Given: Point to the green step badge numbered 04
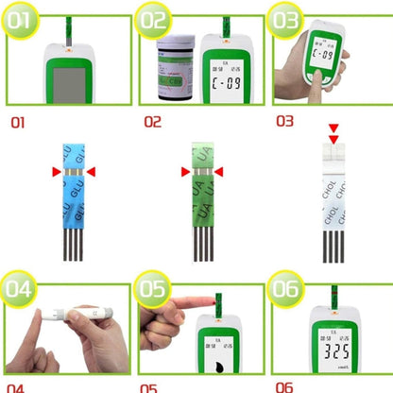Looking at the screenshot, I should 24,288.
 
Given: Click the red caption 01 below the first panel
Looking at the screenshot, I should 21,122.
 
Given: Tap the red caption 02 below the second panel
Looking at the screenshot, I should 153,122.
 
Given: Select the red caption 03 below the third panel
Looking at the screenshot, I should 285,122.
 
